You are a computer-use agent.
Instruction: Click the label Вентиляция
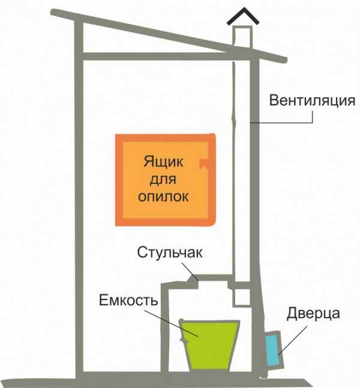click(x=312, y=100)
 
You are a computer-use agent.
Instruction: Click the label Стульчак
click(x=170, y=252)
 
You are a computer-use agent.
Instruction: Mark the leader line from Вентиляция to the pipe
click(x=282, y=123)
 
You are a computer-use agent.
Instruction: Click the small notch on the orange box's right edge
click(x=204, y=162)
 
